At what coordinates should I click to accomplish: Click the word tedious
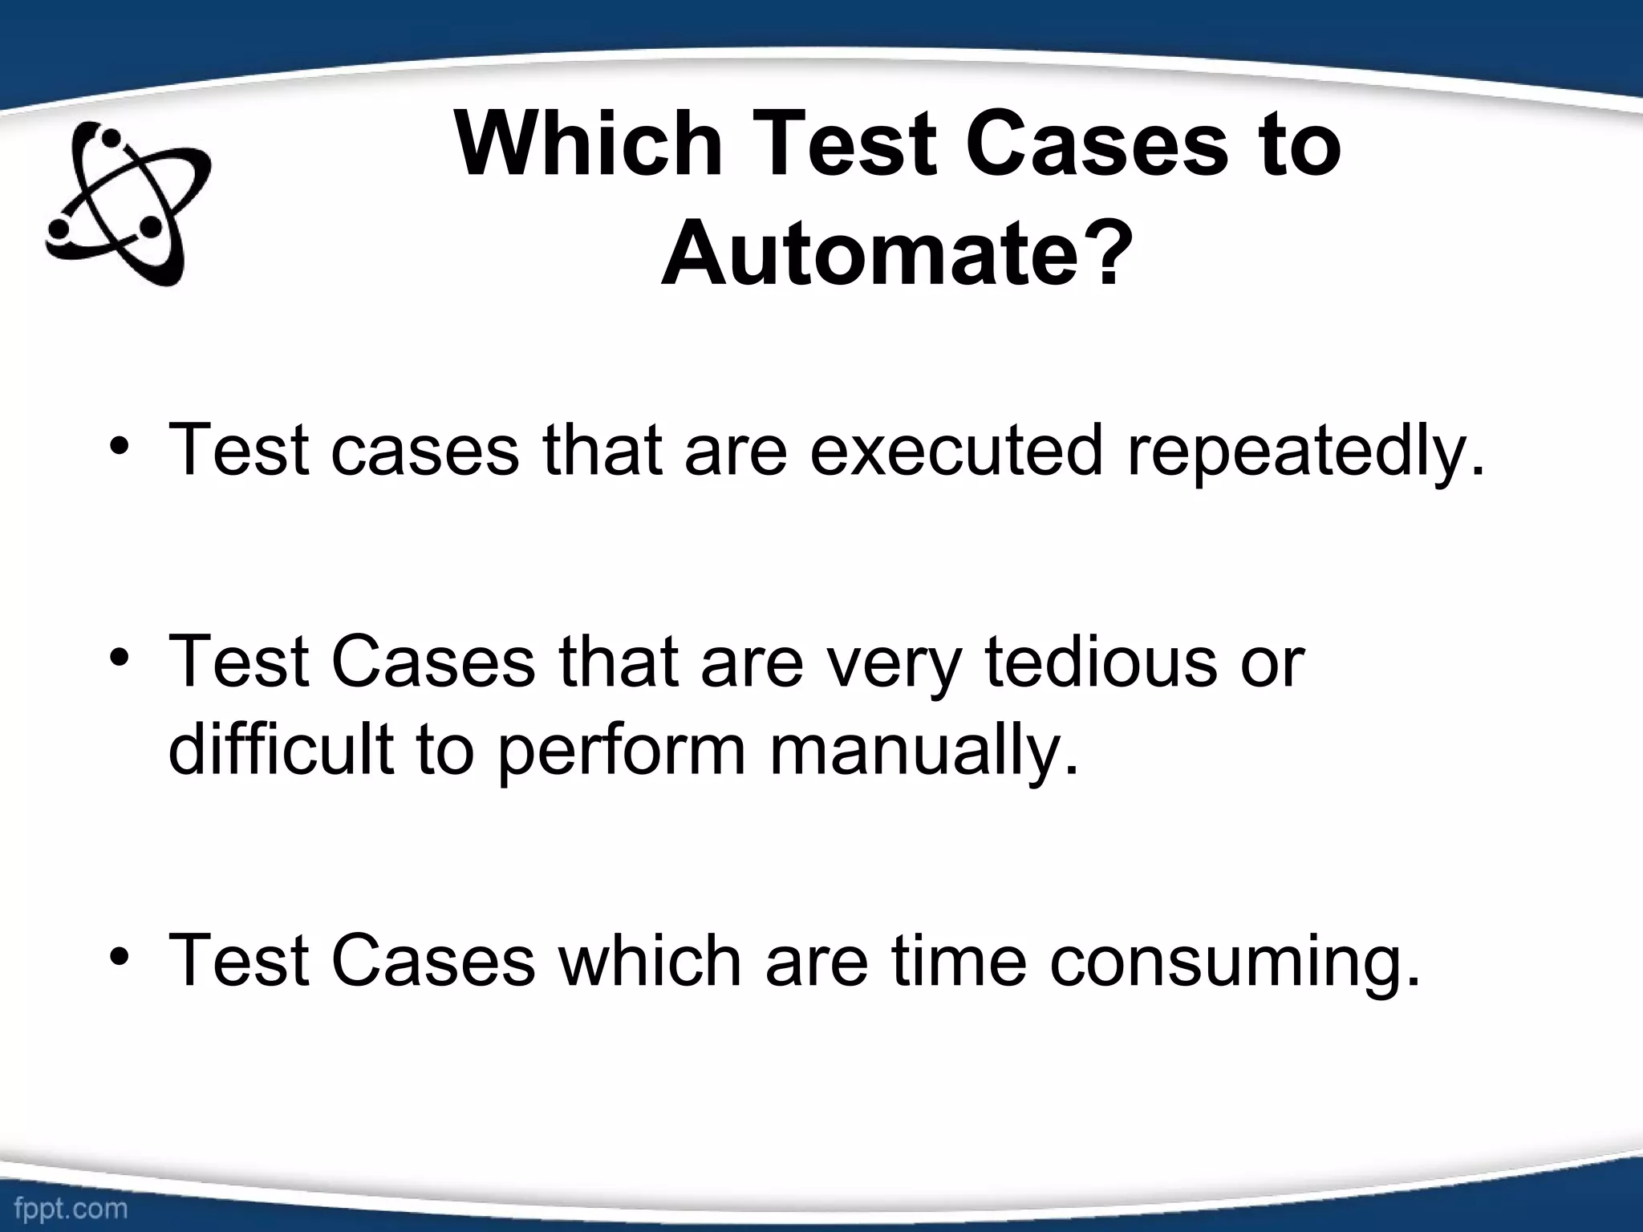tap(1101, 661)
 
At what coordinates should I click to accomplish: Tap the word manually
tap(923, 750)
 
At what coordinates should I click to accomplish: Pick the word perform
tap(622, 750)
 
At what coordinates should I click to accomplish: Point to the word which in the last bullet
tap(651, 959)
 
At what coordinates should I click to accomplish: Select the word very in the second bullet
tap(890, 663)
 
